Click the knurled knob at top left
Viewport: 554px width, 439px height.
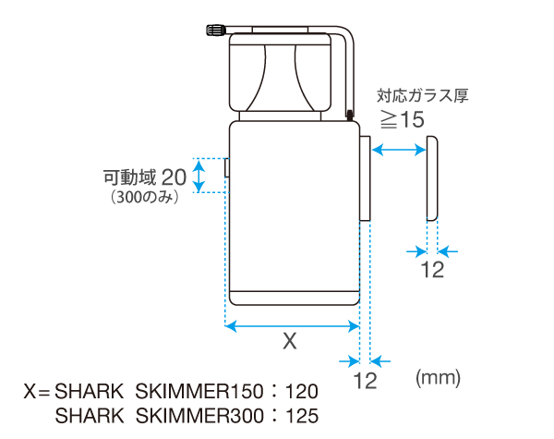pyautogui.click(x=211, y=31)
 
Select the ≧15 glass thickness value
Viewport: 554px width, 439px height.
pyautogui.click(x=403, y=118)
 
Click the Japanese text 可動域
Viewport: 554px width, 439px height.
pyautogui.click(x=129, y=176)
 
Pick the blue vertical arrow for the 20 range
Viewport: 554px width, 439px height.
pyautogui.click(x=197, y=175)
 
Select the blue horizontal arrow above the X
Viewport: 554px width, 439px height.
pyautogui.click(x=292, y=325)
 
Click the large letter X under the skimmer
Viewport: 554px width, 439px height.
pyautogui.click(x=289, y=342)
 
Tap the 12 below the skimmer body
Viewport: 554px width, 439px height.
pyautogui.click(x=366, y=380)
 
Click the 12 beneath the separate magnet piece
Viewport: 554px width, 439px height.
pyautogui.click(x=432, y=270)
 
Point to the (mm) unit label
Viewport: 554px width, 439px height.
pyautogui.click(x=438, y=377)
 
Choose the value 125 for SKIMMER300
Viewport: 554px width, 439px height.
pyautogui.click(x=304, y=415)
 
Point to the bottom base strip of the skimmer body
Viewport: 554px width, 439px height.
pyautogui.click(x=292, y=298)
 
